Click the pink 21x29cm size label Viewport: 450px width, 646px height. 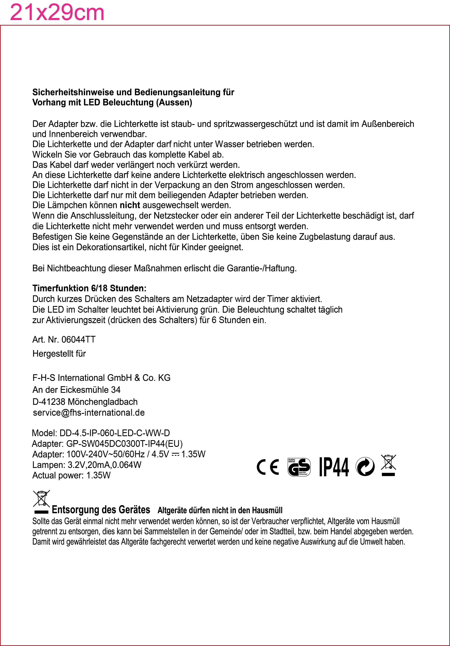(57, 13)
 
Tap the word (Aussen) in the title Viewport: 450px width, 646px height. (174, 102)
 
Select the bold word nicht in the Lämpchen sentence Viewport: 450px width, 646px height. (130, 205)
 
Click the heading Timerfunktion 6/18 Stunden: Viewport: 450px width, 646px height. (89, 288)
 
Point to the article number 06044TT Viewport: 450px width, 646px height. (79, 340)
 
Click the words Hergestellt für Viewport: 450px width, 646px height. (59, 354)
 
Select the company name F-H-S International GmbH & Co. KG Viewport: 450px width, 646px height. (101, 378)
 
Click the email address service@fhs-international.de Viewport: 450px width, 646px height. (89, 413)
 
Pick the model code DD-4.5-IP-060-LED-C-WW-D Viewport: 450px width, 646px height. (115, 433)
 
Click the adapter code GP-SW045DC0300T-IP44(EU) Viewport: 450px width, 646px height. (124, 444)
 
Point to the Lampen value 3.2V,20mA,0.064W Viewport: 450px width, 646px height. (105, 465)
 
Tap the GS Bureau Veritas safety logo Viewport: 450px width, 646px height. (299, 467)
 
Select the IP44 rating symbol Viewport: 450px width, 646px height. (334, 467)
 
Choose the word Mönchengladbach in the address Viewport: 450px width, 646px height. (102, 402)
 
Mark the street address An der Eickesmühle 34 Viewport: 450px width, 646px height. (76, 390)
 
